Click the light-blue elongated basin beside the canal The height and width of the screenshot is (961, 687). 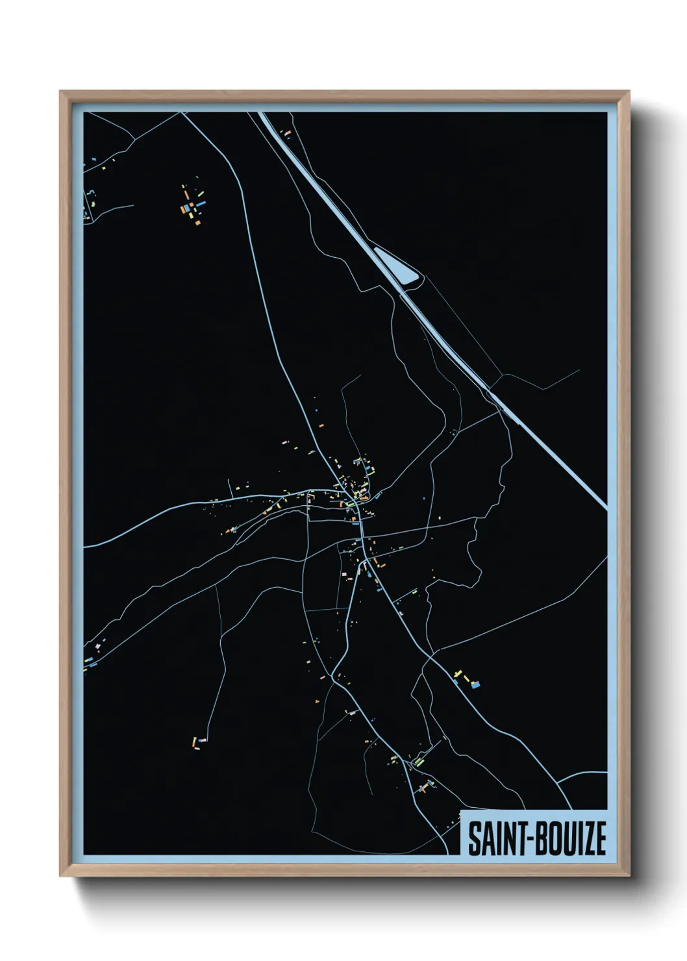click(x=397, y=266)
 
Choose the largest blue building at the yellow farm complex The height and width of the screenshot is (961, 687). click(x=476, y=684)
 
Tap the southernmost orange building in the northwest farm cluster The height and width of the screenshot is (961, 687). click(x=196, y=222)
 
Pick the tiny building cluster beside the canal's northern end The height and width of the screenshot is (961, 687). click(x=286, y=134)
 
